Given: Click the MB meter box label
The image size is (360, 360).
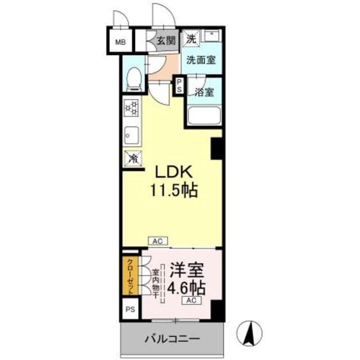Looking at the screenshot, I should (121, 41).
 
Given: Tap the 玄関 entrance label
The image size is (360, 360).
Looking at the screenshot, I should (166, 40).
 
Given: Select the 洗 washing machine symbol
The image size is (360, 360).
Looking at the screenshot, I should (192, 39).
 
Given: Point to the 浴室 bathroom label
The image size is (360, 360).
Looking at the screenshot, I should (204, 93).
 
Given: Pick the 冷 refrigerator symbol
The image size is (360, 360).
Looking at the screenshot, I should (132, 159).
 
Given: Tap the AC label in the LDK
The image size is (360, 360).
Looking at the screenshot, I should (158, 241).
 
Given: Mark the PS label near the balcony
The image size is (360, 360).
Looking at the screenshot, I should (130, 309).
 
